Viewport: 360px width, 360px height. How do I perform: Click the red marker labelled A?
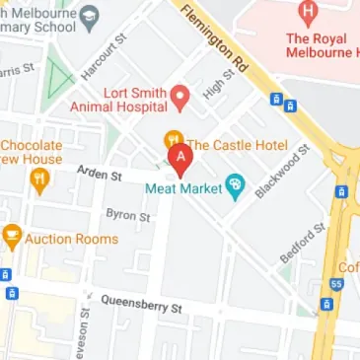point(180,158)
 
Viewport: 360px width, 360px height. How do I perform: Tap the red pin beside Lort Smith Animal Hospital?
point(180,97)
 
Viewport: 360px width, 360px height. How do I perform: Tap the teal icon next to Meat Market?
point(235,184)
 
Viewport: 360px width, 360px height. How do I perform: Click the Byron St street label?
point(128,214)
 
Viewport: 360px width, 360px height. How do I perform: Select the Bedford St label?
point(301,243)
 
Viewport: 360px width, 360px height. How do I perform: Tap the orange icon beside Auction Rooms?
point(12,236)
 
